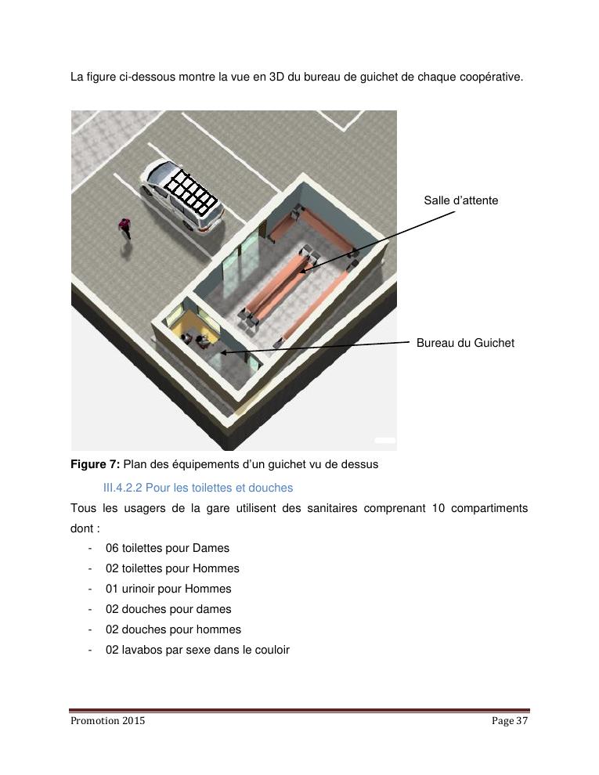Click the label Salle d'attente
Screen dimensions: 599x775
click(x=460, y=200)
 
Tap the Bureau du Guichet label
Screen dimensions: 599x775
click(x=465, y=343)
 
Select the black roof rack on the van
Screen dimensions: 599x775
click(x=191, y=192)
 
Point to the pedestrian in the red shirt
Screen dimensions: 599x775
click(x=125, y=229)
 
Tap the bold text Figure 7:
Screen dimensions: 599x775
click(x=95, y=464)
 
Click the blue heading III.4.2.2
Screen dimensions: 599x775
click(x=123, y=488)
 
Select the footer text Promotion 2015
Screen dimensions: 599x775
click(x=108, y=721)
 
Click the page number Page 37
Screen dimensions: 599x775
click(x=510, y=721)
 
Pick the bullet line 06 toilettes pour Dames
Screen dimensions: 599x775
click(x=168, y=548)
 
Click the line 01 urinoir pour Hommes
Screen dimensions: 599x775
click(x=168, y=589)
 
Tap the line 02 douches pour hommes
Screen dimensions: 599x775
click(x=174, y=629)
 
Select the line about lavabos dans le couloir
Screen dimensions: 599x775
click(x=197, y=650)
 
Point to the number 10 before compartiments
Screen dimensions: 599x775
click(x=438, y=508)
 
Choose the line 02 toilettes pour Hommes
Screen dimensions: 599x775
click(x=172, y=568)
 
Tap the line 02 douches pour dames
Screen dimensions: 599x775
click(x=168, y=609)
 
